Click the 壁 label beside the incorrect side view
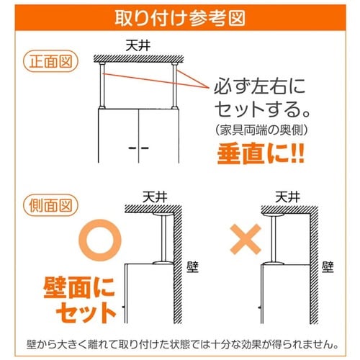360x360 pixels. coord(328,269)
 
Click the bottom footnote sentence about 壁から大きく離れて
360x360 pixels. coord(179,341)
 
